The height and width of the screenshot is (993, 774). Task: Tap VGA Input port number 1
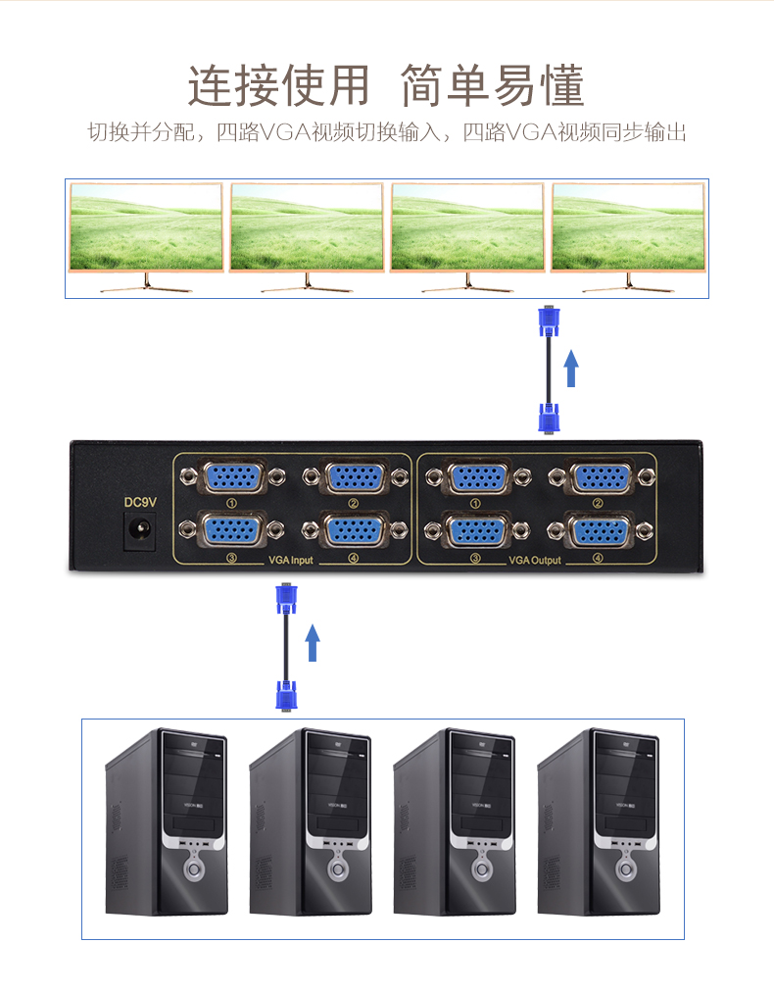pos(232,477)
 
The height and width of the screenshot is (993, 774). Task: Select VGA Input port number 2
pos(354,477)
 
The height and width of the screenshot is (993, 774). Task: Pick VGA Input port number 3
pos(232,530)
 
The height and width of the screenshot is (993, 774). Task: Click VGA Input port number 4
pos(354,530)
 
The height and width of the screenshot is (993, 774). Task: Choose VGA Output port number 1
pos(476,477)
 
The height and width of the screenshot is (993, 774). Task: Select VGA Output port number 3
pos(476,530)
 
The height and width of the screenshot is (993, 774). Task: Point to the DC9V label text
pos(139,502)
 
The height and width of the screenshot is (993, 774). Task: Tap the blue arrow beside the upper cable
pos(572,371)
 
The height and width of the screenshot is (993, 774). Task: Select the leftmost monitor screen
pos(146,227)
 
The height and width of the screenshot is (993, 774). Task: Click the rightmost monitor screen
pos(628,227)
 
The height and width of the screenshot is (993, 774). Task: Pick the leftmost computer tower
pos(166,823)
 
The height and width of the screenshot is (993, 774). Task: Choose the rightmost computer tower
pos(599,823)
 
